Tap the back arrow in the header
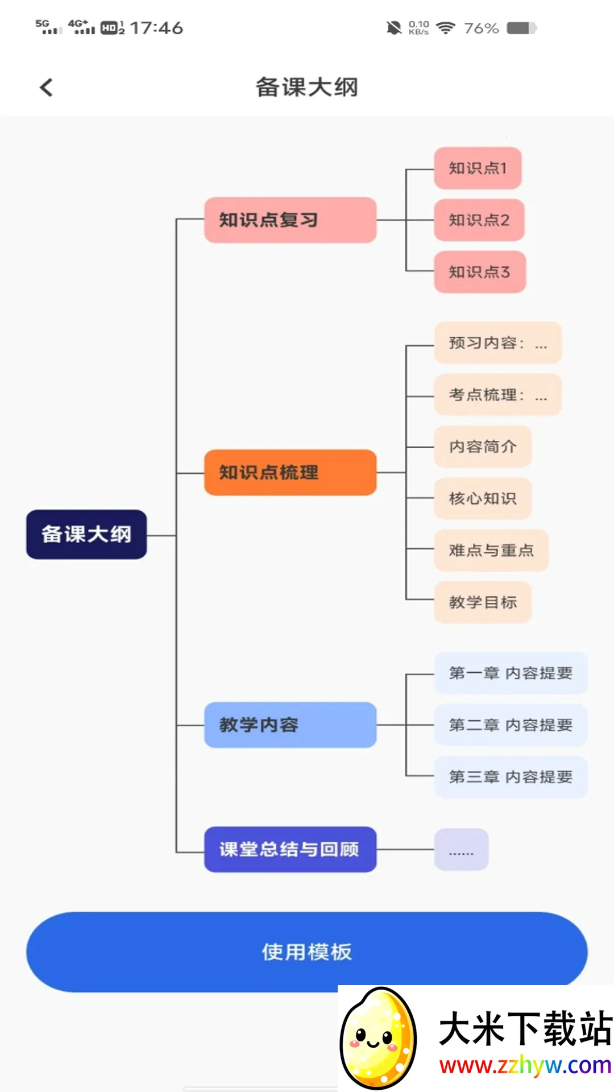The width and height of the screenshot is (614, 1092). (47, 88)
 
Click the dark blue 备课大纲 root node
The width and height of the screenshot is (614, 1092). (86, 535)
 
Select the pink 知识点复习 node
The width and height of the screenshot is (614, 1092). (290, 220)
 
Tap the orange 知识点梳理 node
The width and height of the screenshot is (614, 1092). (290, 473)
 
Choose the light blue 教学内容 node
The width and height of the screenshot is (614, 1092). (290, 725)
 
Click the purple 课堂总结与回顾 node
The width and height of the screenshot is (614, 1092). (290, 849)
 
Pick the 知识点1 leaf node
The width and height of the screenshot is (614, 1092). (478, 168)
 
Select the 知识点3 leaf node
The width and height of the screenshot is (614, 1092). (480, 272)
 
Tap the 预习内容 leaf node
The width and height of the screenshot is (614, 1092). (497, 343)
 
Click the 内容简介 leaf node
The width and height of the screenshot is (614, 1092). (483, 446)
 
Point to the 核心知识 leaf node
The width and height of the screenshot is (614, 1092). (483, 499)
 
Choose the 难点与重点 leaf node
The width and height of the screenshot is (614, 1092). (491, 551)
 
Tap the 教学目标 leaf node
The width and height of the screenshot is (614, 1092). (483, 602)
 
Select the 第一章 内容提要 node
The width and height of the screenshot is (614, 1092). (511, 673)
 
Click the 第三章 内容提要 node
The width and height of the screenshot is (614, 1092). (511, 777)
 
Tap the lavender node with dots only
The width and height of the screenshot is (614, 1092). (461, 850)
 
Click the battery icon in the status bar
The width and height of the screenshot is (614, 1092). (521, 28)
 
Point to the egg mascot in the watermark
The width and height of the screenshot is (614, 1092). (378, 1037)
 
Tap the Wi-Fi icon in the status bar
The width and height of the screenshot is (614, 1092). (446, 28)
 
